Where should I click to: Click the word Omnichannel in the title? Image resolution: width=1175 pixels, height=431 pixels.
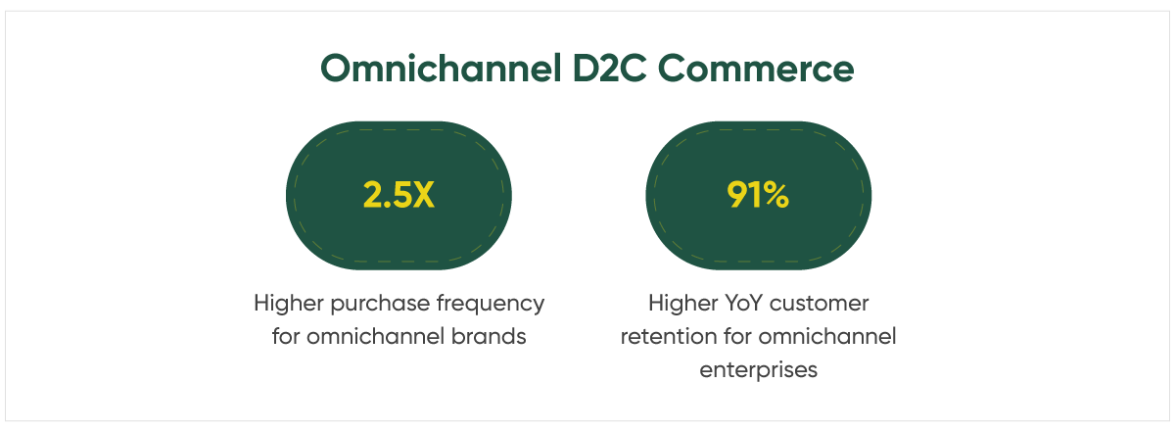(442, 69)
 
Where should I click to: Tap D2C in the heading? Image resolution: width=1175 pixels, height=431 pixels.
(609, 69)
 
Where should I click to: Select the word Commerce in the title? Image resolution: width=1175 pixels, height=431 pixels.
(756, 69)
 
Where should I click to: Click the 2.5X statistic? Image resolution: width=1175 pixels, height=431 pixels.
(399, 195)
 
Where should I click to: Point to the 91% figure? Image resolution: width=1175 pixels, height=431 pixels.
(758, 195)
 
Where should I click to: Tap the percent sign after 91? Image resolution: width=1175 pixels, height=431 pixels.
(773, 195)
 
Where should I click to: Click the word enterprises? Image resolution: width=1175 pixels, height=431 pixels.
(759, 370)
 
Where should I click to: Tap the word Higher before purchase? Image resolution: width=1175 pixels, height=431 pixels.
(289, 304)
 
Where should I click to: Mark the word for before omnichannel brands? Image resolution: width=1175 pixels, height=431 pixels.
(286, 337)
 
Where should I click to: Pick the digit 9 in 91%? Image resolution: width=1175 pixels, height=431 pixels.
(736, 195)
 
